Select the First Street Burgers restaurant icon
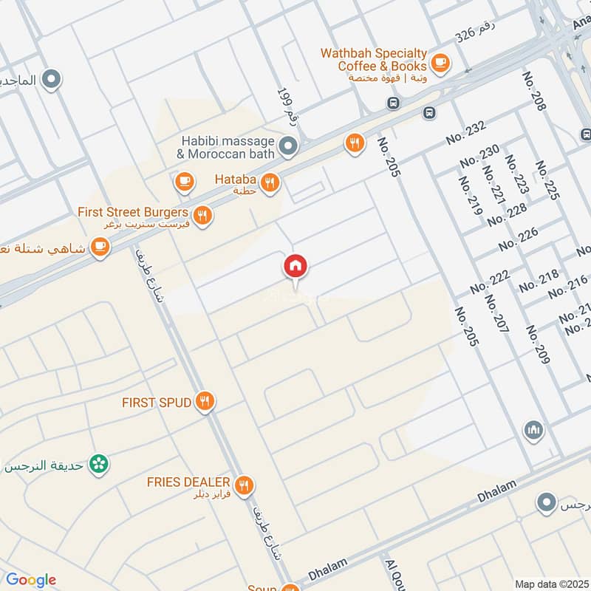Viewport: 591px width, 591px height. pos(204,216)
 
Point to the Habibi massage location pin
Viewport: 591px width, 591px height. pos(289,145)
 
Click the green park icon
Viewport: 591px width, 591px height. pos(97,464)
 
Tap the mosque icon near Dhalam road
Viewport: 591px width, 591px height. pos(533,429)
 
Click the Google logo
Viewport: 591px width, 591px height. pos(31,580)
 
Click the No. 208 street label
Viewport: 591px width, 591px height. pos(533,92)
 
